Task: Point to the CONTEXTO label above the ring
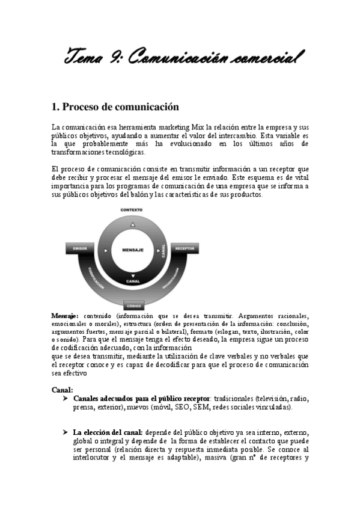(x=132, y=210)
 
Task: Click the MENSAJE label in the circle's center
(x=132, y=250)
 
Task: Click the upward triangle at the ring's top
(x=132, y=224)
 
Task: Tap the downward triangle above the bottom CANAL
(x=132, y=275)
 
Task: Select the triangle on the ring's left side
(x=106, y=250)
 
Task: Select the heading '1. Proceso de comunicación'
(x=115, y=107)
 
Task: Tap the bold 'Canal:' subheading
(x=63, y=390)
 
